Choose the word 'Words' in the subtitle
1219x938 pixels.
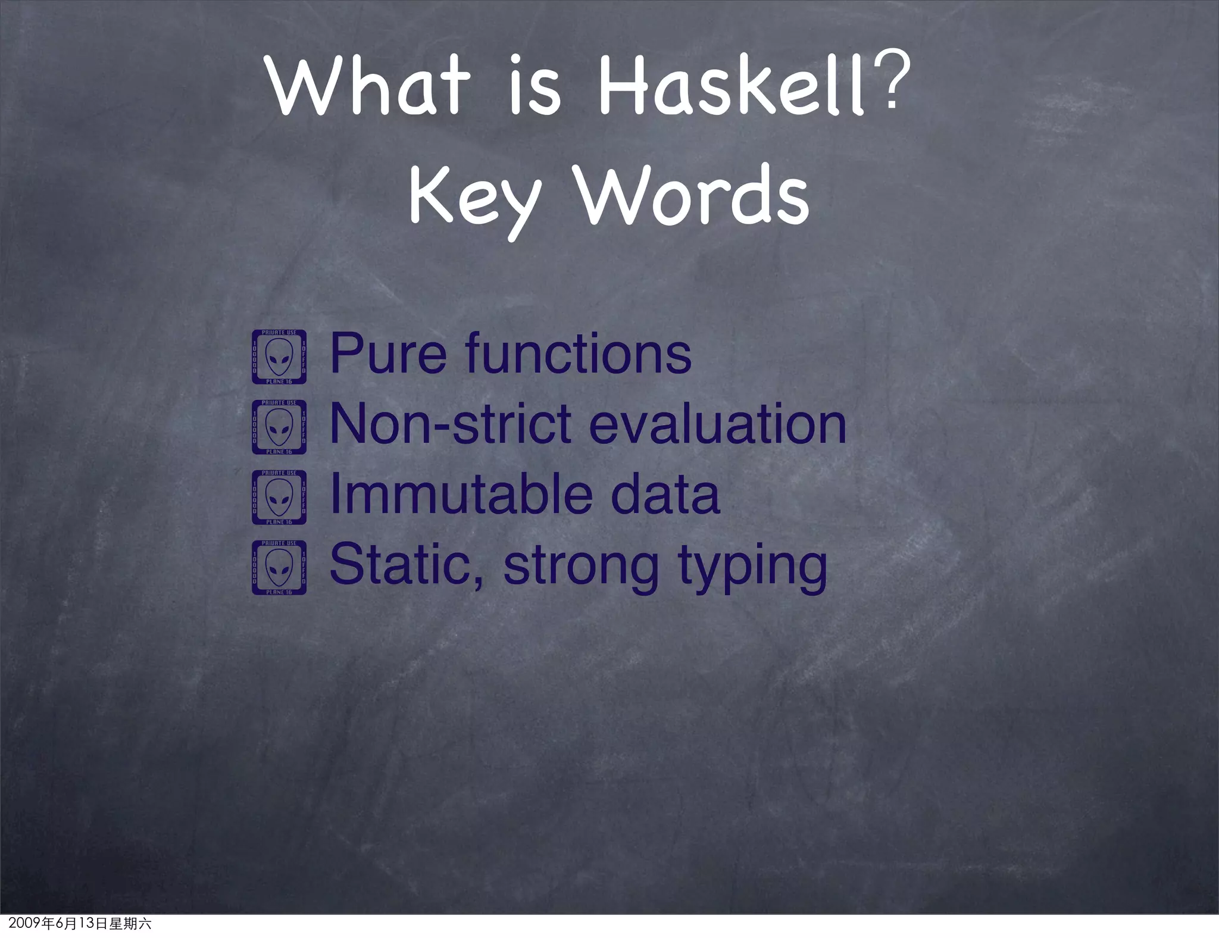[694, 193]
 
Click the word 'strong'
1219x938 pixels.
[581, 567]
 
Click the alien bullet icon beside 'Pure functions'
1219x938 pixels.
[279, 357]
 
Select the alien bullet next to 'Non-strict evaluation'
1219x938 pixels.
[279, 427]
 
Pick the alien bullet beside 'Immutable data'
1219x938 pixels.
[279, 497]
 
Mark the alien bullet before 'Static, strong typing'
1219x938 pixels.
[279, 567]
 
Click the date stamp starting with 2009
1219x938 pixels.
[80, 924]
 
